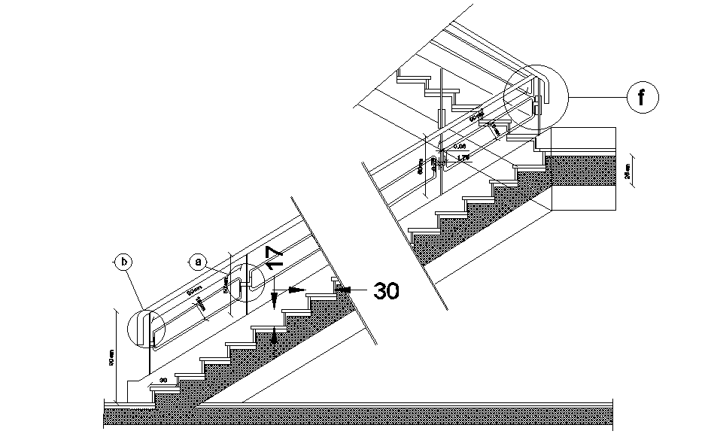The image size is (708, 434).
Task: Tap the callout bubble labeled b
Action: pyautogui.click(x=123, y=261)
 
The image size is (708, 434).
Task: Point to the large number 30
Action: pyautogui.click(x=386, y=291)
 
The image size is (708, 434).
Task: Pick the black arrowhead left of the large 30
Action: pyautogui.click(x=344, y=289)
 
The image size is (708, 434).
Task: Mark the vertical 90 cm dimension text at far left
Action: pyautogui.click(x=111, y=363)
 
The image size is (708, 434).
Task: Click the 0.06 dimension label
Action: pyautogui.click(x=460, y=146)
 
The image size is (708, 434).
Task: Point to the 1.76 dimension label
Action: pyautogui.click(x=462, y=158)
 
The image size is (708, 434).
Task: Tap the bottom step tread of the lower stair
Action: pyautogui.click(x=166, y=386)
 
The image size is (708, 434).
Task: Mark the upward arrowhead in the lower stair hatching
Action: pyautogui.click(x=274, y=337)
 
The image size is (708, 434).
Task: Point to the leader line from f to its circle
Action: pyautogui.click(x=598, y=98)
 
